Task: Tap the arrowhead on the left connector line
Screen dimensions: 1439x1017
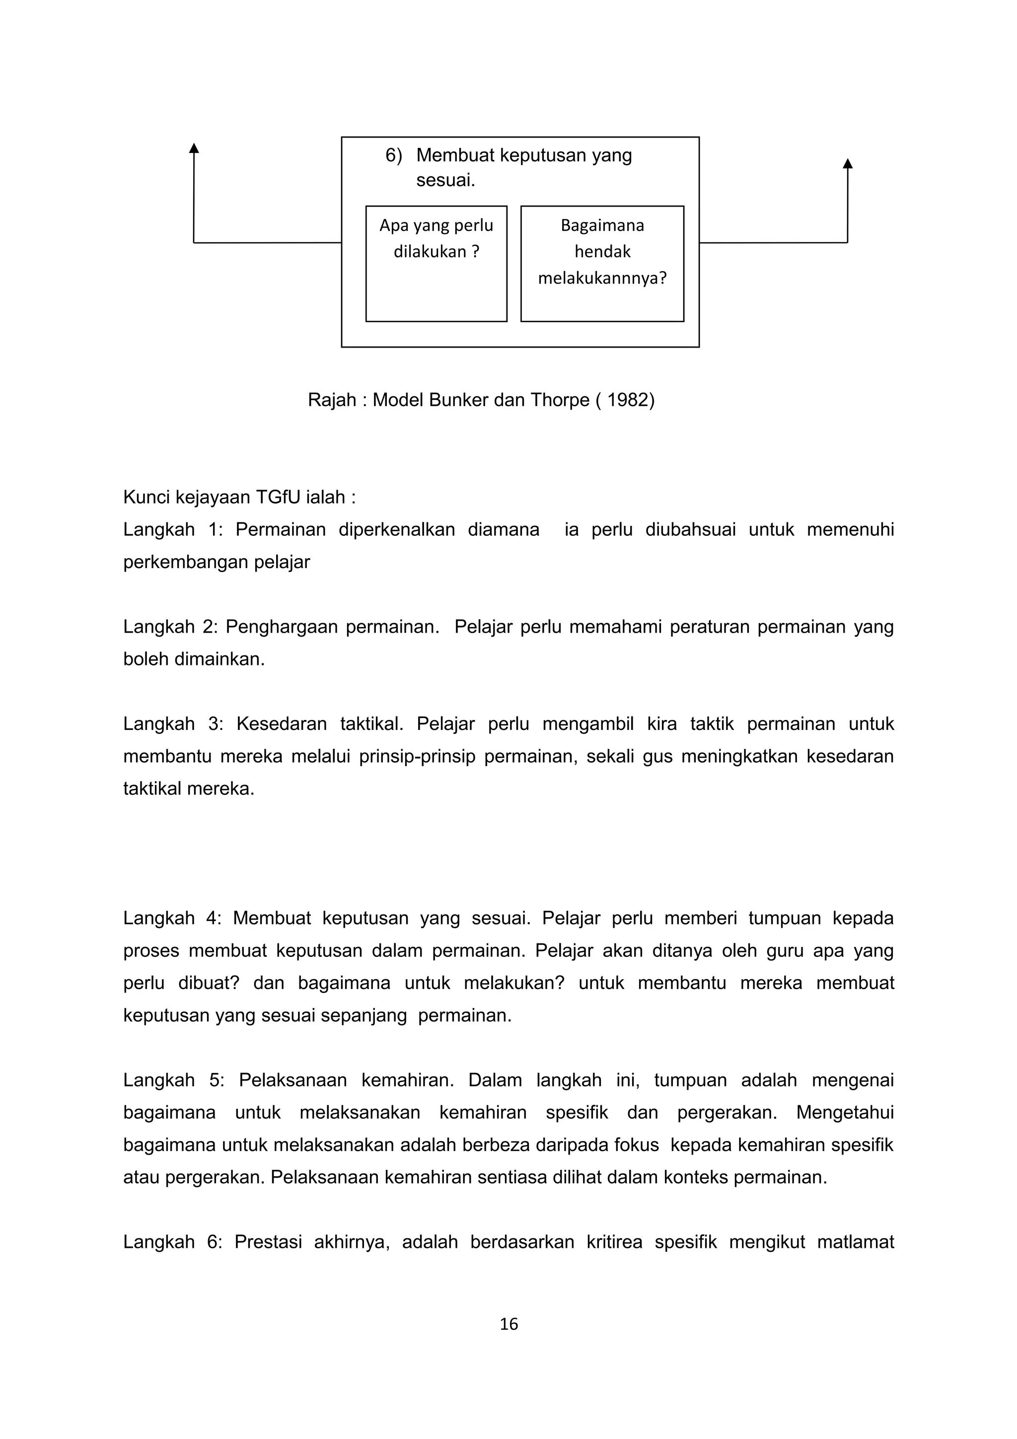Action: tap(194, 148)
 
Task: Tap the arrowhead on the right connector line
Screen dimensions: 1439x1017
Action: tap(847, 163)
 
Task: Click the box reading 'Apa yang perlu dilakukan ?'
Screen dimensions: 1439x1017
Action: tap(436, 263)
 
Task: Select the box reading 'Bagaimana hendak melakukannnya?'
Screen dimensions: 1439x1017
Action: tap(602, 263)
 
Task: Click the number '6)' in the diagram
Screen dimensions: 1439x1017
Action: tap(393, 155)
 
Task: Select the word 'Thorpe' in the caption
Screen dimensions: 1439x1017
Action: tap(560, 400)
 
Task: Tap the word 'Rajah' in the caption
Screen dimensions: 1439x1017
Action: tap(332, 400)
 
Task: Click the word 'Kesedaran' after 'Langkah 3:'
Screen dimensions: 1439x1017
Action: tap(282, 724)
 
